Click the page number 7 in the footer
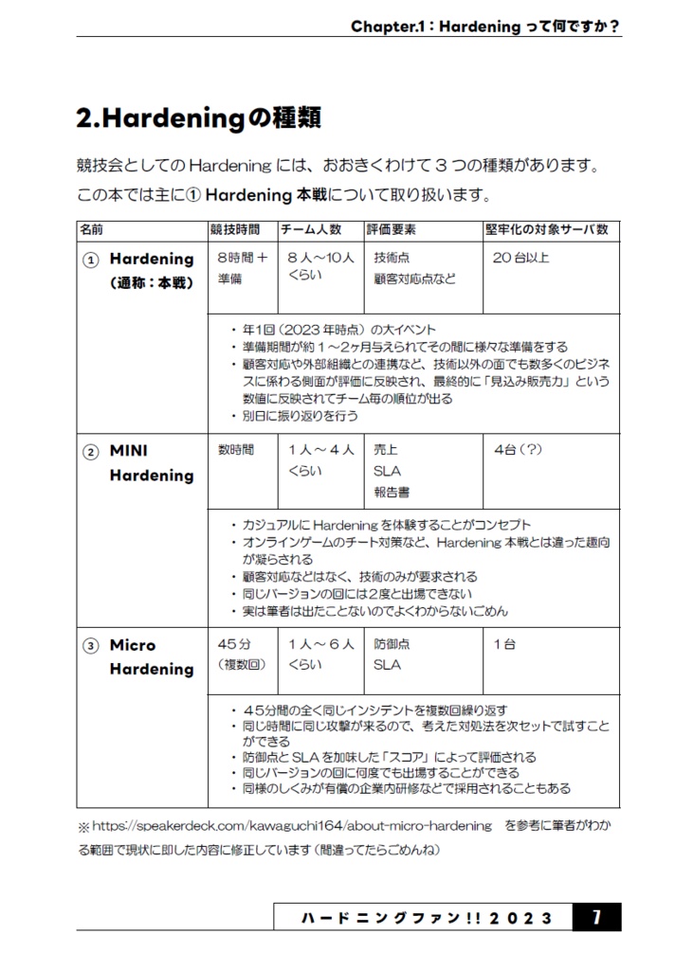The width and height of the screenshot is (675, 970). point(596,917)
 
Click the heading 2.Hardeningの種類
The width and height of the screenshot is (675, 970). point(198,118)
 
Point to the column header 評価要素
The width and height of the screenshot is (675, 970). point(392,230)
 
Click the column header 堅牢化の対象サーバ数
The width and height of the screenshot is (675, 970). point(547,230)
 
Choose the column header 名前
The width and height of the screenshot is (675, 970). point(92,230)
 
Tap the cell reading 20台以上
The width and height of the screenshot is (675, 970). point(520,258)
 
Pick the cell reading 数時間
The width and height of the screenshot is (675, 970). point(236,450)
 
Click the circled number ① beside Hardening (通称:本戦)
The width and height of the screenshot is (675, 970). point(90,260)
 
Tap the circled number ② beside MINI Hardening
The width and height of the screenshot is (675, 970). point(90,452)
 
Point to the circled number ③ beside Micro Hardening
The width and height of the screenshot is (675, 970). point(90,646)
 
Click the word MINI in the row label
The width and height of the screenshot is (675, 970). point(129,451)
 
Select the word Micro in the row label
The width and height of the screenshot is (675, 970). point(133,645)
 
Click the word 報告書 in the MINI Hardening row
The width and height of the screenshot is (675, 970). point(392,493)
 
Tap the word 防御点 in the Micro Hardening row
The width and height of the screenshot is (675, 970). point(392,644)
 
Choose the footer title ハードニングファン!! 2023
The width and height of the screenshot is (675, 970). point(426,917)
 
